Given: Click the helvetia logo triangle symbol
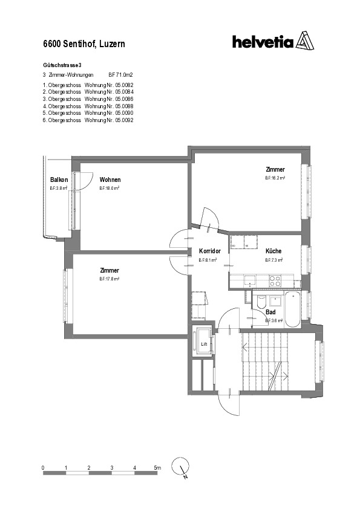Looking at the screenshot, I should pyautogui.click(x=306, y=42).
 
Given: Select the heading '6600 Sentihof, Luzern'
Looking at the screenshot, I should pyautogui.click(x=84, y=44).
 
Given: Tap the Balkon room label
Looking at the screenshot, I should pyautogui.click(x=59, y=180).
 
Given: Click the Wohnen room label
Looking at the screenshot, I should pyautogui.click(x=110, y=180).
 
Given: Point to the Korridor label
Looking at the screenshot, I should pyautogui.click(x=209, y=251).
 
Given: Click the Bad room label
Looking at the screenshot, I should pyautogui.click(x=270, y=313).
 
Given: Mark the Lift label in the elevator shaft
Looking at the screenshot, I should pyautogui.click(x=203, y=345).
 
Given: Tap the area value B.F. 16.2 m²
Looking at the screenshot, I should pyautogui.click(x=275, y=179).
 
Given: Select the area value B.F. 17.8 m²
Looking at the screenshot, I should pyautogui.click(x=110, y=279).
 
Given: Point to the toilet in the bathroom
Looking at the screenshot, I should pyautogui.click(x=261, y=302).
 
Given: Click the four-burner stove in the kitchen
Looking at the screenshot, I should pyautogui.click(x=275, y=281).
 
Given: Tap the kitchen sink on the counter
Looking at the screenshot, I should pyautogui.click(x=248, y=281).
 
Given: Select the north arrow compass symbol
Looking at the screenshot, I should pyautogui.click(x=181, y=467).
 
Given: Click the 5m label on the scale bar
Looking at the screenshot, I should pyautogui.click(x=157, y=468).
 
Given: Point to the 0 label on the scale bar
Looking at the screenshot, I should pyautogui.click(x=43, y=468).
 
